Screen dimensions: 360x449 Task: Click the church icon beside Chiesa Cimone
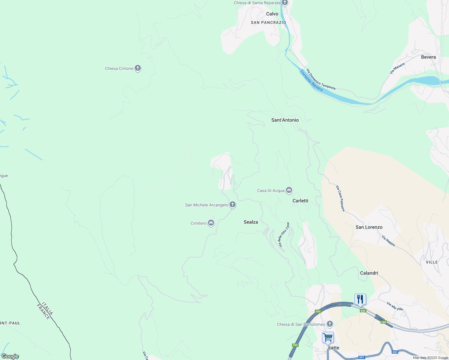(138, 68)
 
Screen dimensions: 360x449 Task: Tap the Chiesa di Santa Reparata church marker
(285, 3)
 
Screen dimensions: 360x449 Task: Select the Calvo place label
(272, 14)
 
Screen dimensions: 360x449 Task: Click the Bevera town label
(428, 57)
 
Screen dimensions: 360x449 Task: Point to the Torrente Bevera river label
(311, 80)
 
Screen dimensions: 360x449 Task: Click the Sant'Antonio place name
(285, 120)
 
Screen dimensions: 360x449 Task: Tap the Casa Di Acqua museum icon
(289, 190)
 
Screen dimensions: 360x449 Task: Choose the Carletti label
(300, 201)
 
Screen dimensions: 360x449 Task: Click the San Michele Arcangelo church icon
(232, 205)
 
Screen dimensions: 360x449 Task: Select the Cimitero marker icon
(211, 223)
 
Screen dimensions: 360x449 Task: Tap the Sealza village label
(251, 222)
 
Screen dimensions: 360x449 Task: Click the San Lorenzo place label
(369, 227)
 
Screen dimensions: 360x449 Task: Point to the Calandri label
(369, 273)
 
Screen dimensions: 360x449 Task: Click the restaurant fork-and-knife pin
(360, 299)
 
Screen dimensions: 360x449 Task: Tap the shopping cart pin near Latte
(328, 337)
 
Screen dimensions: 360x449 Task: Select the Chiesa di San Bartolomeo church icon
(330, 324)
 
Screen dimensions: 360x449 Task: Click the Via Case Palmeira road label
(340, 198)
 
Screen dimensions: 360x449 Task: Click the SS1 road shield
(395, 352)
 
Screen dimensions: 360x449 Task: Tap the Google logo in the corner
(10, 356)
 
